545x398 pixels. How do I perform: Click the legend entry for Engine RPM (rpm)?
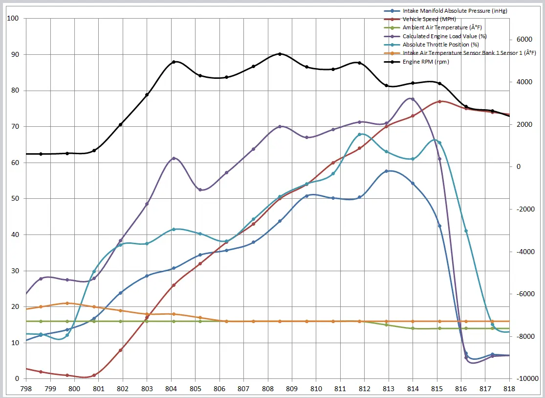click(x=425, y=62)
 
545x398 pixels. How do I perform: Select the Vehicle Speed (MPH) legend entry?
click(x=423, y=19)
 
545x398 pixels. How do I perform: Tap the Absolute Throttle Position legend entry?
click(x=434, y=45)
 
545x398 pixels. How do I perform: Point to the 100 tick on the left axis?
click(x=12, y=19)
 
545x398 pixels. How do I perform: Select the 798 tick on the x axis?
click(x=26, y=389)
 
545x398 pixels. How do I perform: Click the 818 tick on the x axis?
click(x=509, y=389)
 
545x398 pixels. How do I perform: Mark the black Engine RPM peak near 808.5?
click(x=280, y=54)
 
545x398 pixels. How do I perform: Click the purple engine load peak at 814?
click(x=413, y=99)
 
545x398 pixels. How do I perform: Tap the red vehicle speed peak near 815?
click(x=439, y=101)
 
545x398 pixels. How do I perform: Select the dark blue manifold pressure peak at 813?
click(x=387, y=171)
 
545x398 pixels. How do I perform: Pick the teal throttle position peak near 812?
click(x=360, y=134)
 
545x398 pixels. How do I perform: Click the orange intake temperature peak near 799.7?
click(x=67, y=303)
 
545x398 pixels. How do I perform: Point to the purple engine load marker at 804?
click(x=174, y=158)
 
